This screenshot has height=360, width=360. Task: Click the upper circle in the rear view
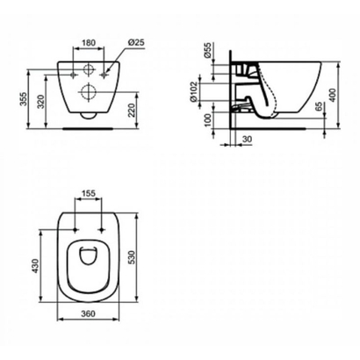88,70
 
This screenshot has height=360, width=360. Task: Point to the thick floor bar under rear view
88,124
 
